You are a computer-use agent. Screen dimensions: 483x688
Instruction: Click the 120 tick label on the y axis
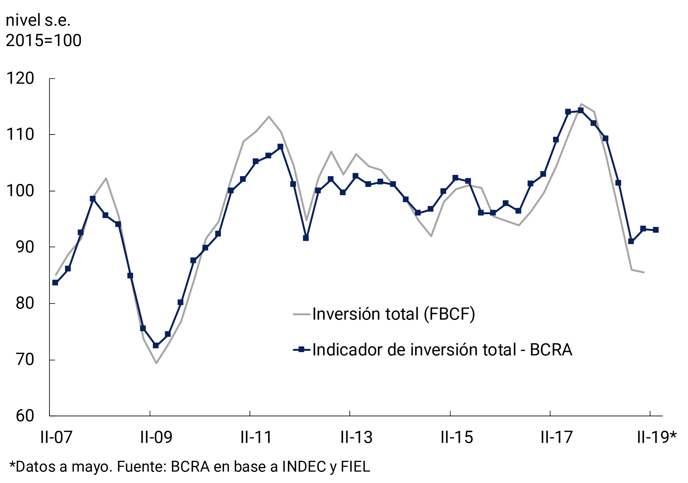pos(20,79)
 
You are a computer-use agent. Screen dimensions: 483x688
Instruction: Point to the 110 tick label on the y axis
pos(20,135)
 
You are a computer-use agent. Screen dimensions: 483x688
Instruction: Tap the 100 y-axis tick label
pos(20,191)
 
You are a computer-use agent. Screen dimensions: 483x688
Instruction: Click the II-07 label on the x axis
pos(56,437)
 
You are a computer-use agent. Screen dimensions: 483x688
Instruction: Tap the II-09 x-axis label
pos(156,437)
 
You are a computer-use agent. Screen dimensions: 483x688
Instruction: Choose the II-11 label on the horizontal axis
pos(256,437)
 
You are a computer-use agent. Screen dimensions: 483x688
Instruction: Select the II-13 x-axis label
pos(356,437)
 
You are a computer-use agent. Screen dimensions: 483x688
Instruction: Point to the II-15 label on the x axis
pos(457,437)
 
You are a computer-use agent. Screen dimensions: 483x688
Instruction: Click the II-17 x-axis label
pos(557,437)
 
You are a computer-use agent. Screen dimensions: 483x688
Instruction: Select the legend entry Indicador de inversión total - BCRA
pos(442,350)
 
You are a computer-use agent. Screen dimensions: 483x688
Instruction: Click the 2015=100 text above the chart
pos(43,40)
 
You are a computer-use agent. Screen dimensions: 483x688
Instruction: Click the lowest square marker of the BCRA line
pos(155,345)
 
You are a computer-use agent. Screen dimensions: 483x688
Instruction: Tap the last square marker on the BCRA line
pos(656,230)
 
